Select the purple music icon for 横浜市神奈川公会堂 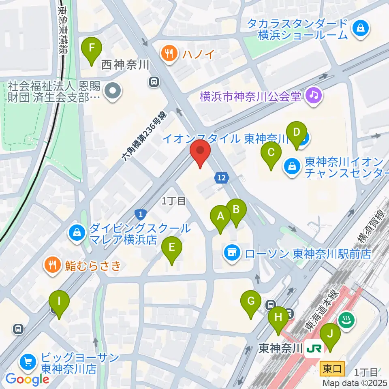pos(313,96)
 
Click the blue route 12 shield pos(222,177)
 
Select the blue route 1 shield pos(140,214)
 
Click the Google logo pos(27,379)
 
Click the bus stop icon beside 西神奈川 pos(154,82)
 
